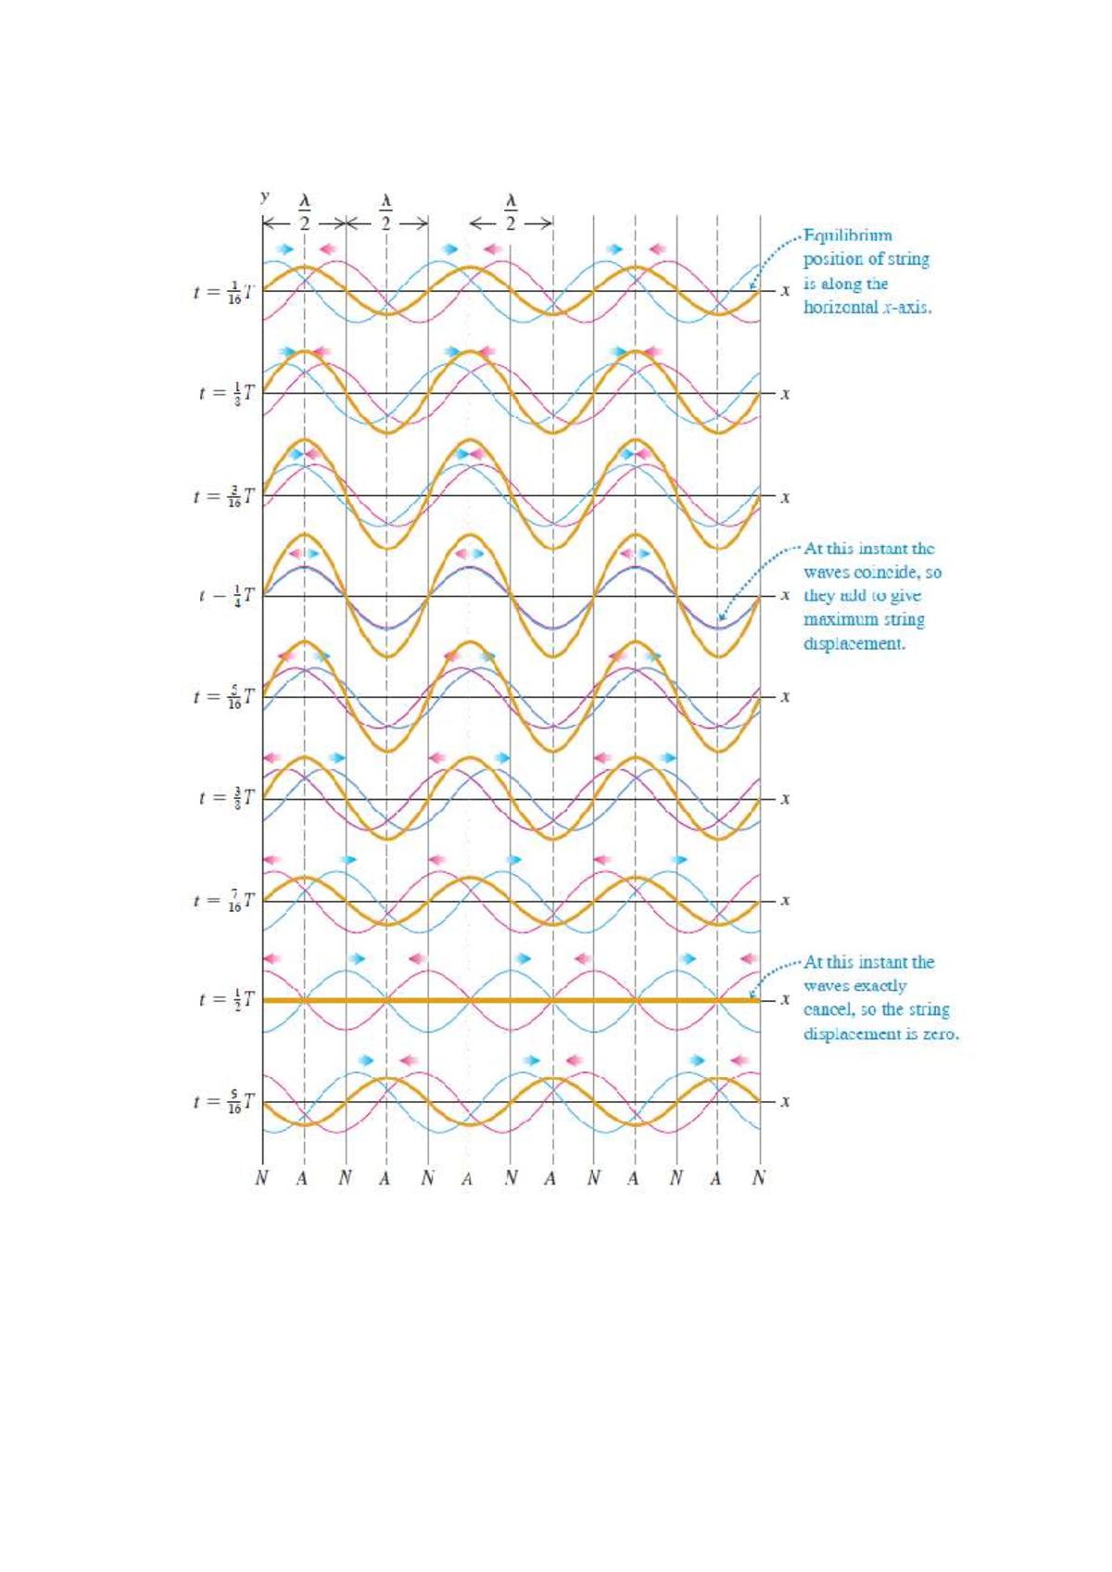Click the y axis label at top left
(x=265, y=196)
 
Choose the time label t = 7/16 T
(x=227, y=900)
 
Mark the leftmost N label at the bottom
(x=262, y=1179)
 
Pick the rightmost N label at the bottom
(x=759, y=1179)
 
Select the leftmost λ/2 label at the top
(x=304, y=211)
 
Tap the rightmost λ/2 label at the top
(x=510, y=211)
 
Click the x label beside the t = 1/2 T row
(x=785, y=1000)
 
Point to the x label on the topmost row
(x=785, y=291)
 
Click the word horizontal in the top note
(x=840, y=308)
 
